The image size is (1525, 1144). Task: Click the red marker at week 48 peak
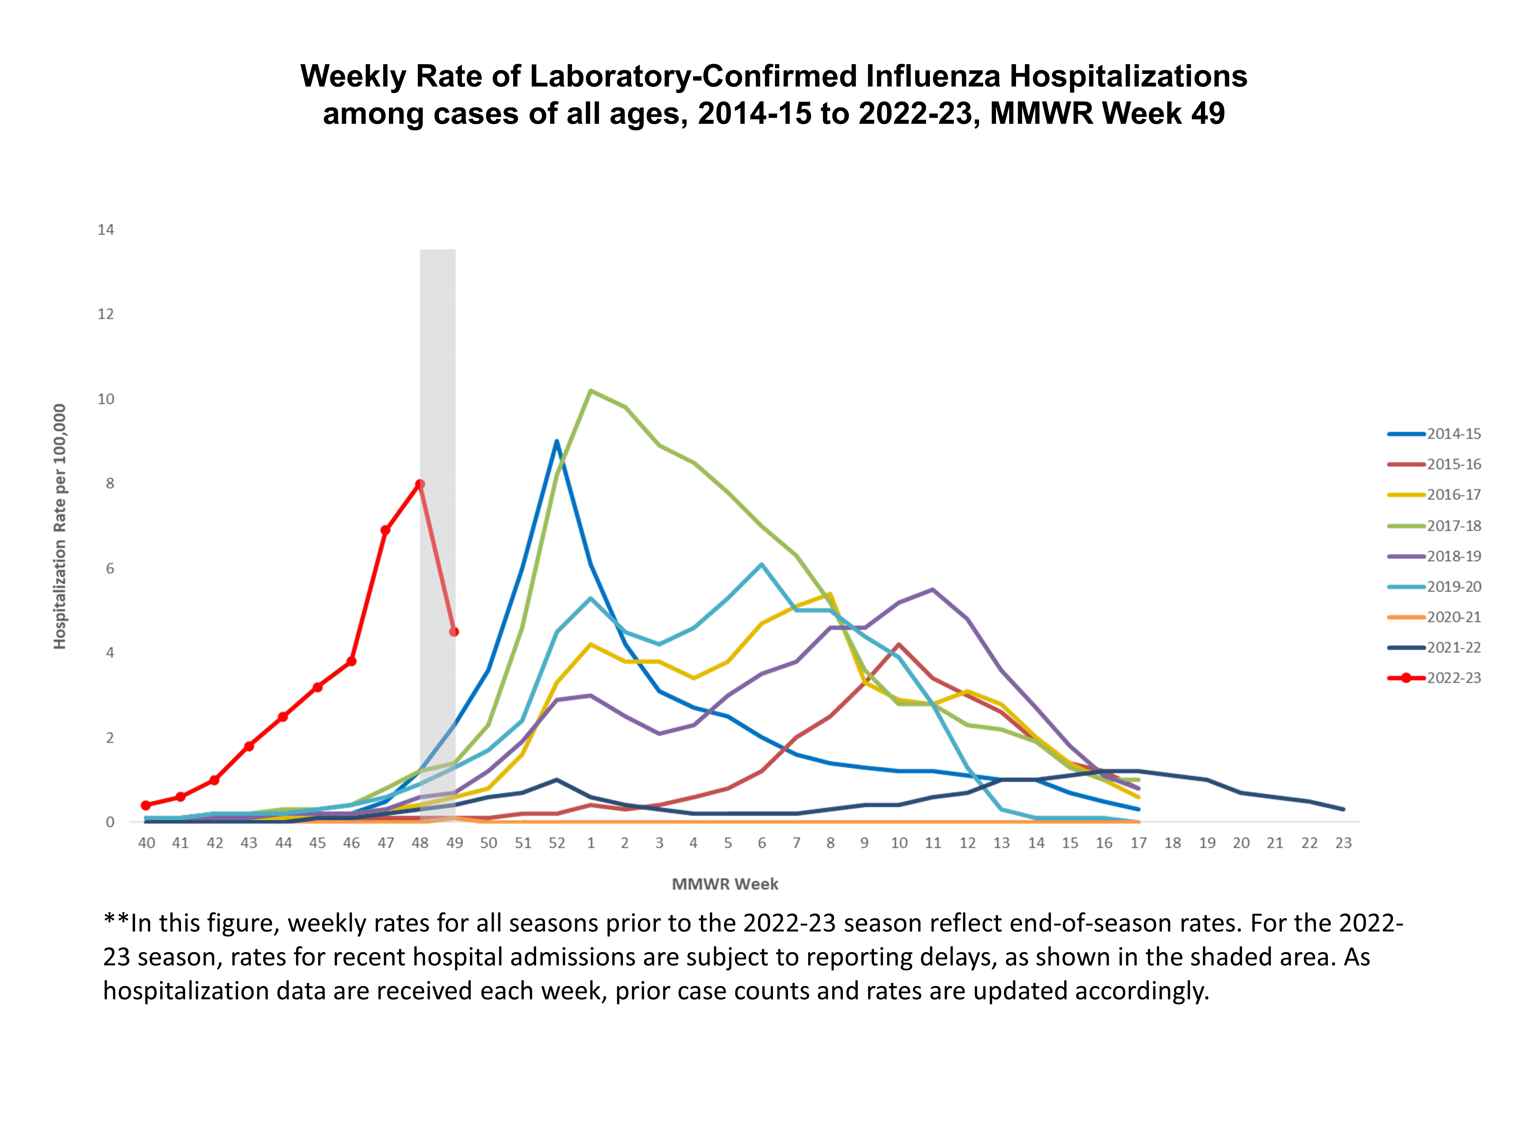tap(420, 484)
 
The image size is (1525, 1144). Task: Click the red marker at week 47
tap(385, 530)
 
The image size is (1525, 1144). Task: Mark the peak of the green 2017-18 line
tap(591, 391)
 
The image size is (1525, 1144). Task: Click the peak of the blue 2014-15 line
tap(556, 441)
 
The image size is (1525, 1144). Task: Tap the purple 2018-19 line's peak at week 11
tap(933, 589)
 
